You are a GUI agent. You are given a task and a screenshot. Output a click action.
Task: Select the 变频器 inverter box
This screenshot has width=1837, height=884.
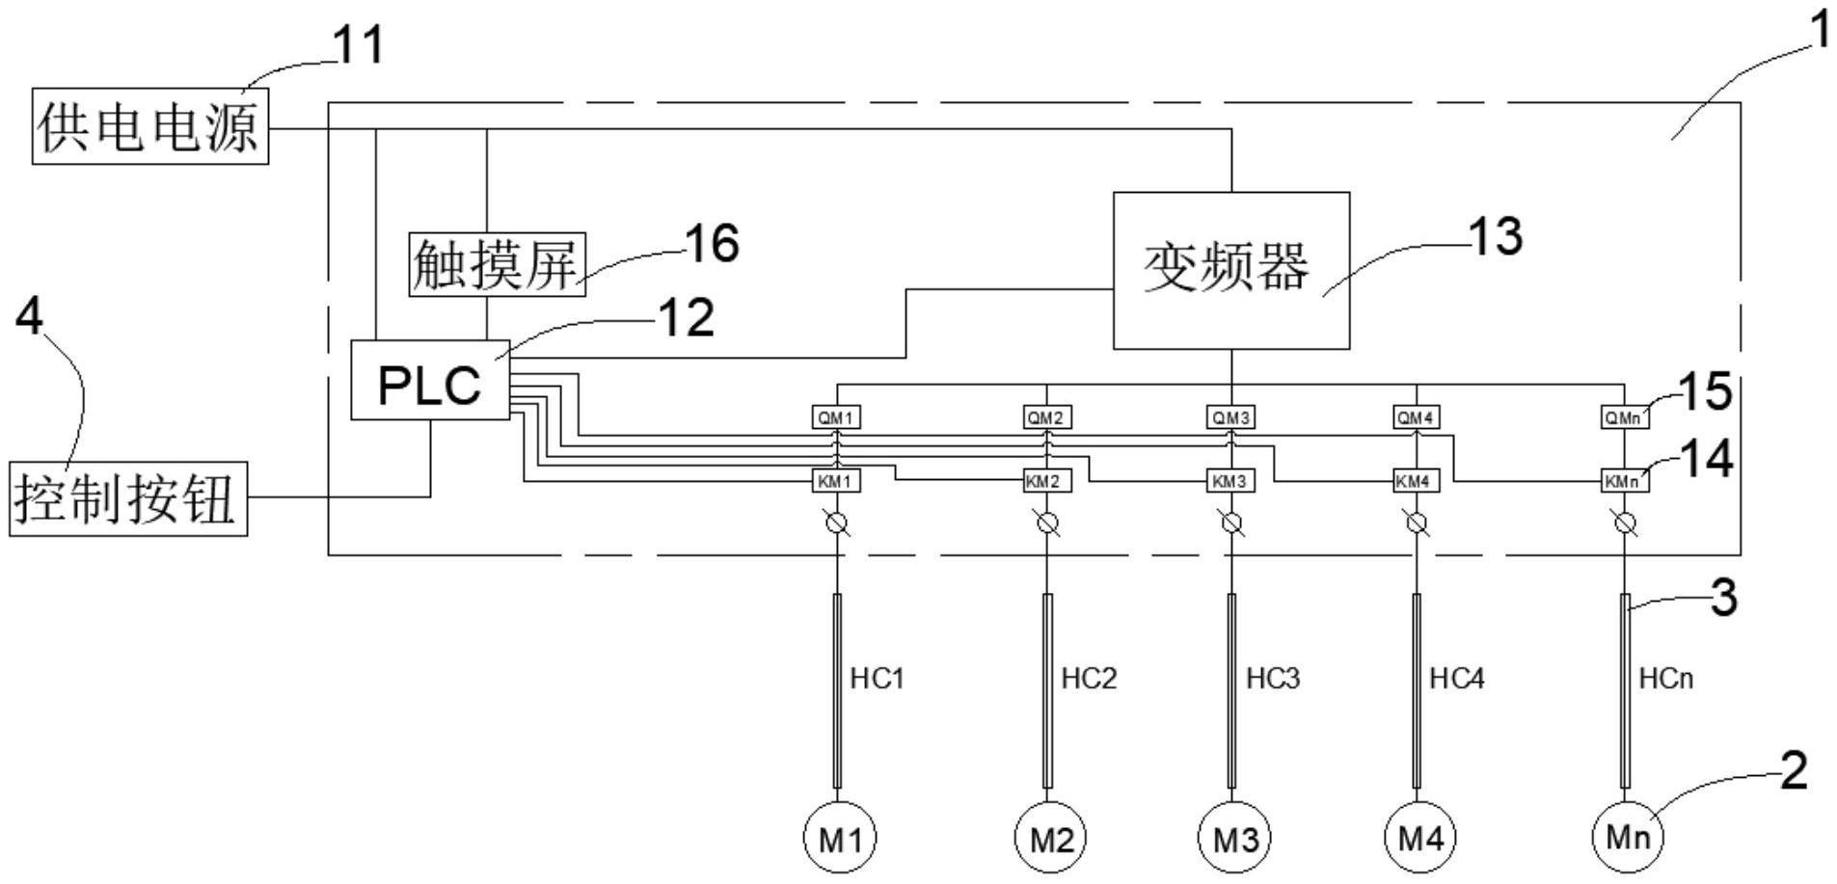[x=1230, y=270]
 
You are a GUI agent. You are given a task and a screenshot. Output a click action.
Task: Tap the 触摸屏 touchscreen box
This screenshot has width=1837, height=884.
[x=497, y=264]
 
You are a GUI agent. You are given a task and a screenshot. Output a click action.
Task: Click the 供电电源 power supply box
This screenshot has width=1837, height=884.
[x=150, y=125]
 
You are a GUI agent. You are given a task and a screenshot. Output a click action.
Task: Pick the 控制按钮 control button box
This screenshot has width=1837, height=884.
[x=128, y=498]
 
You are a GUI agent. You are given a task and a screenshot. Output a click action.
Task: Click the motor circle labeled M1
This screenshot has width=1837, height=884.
[x=840, y=838]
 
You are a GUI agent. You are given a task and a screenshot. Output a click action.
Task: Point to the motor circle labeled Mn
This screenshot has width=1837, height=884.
[x=1628, y=837]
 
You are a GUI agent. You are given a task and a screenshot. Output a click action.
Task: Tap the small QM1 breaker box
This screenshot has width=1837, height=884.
[x=835, y=417]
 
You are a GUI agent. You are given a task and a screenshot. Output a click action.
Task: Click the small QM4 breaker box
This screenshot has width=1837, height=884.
[x=1416, y=417]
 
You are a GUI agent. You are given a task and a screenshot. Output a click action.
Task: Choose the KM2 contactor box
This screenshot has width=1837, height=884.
[x=1045, y=480]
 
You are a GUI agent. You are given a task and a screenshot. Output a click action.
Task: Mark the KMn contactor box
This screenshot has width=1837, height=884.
[x=1625, y=480]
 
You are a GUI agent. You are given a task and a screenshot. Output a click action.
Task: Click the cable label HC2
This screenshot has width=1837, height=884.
[x=1089, y=679]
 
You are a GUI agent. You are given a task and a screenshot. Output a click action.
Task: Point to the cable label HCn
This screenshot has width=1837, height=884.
[x=1665, y=679]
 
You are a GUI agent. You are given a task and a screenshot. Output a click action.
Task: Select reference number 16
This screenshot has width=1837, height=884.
[x=712, y=243]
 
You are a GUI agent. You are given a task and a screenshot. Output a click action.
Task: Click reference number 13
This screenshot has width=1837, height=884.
[x=1495, y=236]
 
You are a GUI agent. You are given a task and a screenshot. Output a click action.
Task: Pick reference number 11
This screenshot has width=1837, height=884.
[x=358, y=44]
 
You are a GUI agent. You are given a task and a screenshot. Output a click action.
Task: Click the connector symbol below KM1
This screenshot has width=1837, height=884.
[x=837, y=524]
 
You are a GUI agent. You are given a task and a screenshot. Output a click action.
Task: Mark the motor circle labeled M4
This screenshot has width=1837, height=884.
[x=1419, y=838]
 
